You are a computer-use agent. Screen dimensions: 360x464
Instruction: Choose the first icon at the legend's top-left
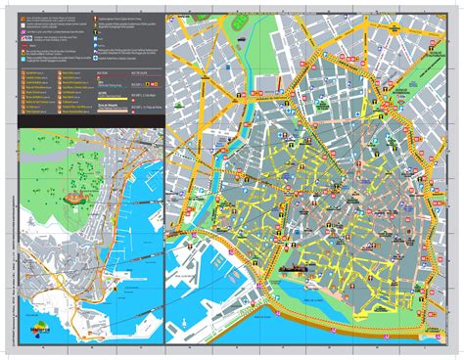(23, 19)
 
